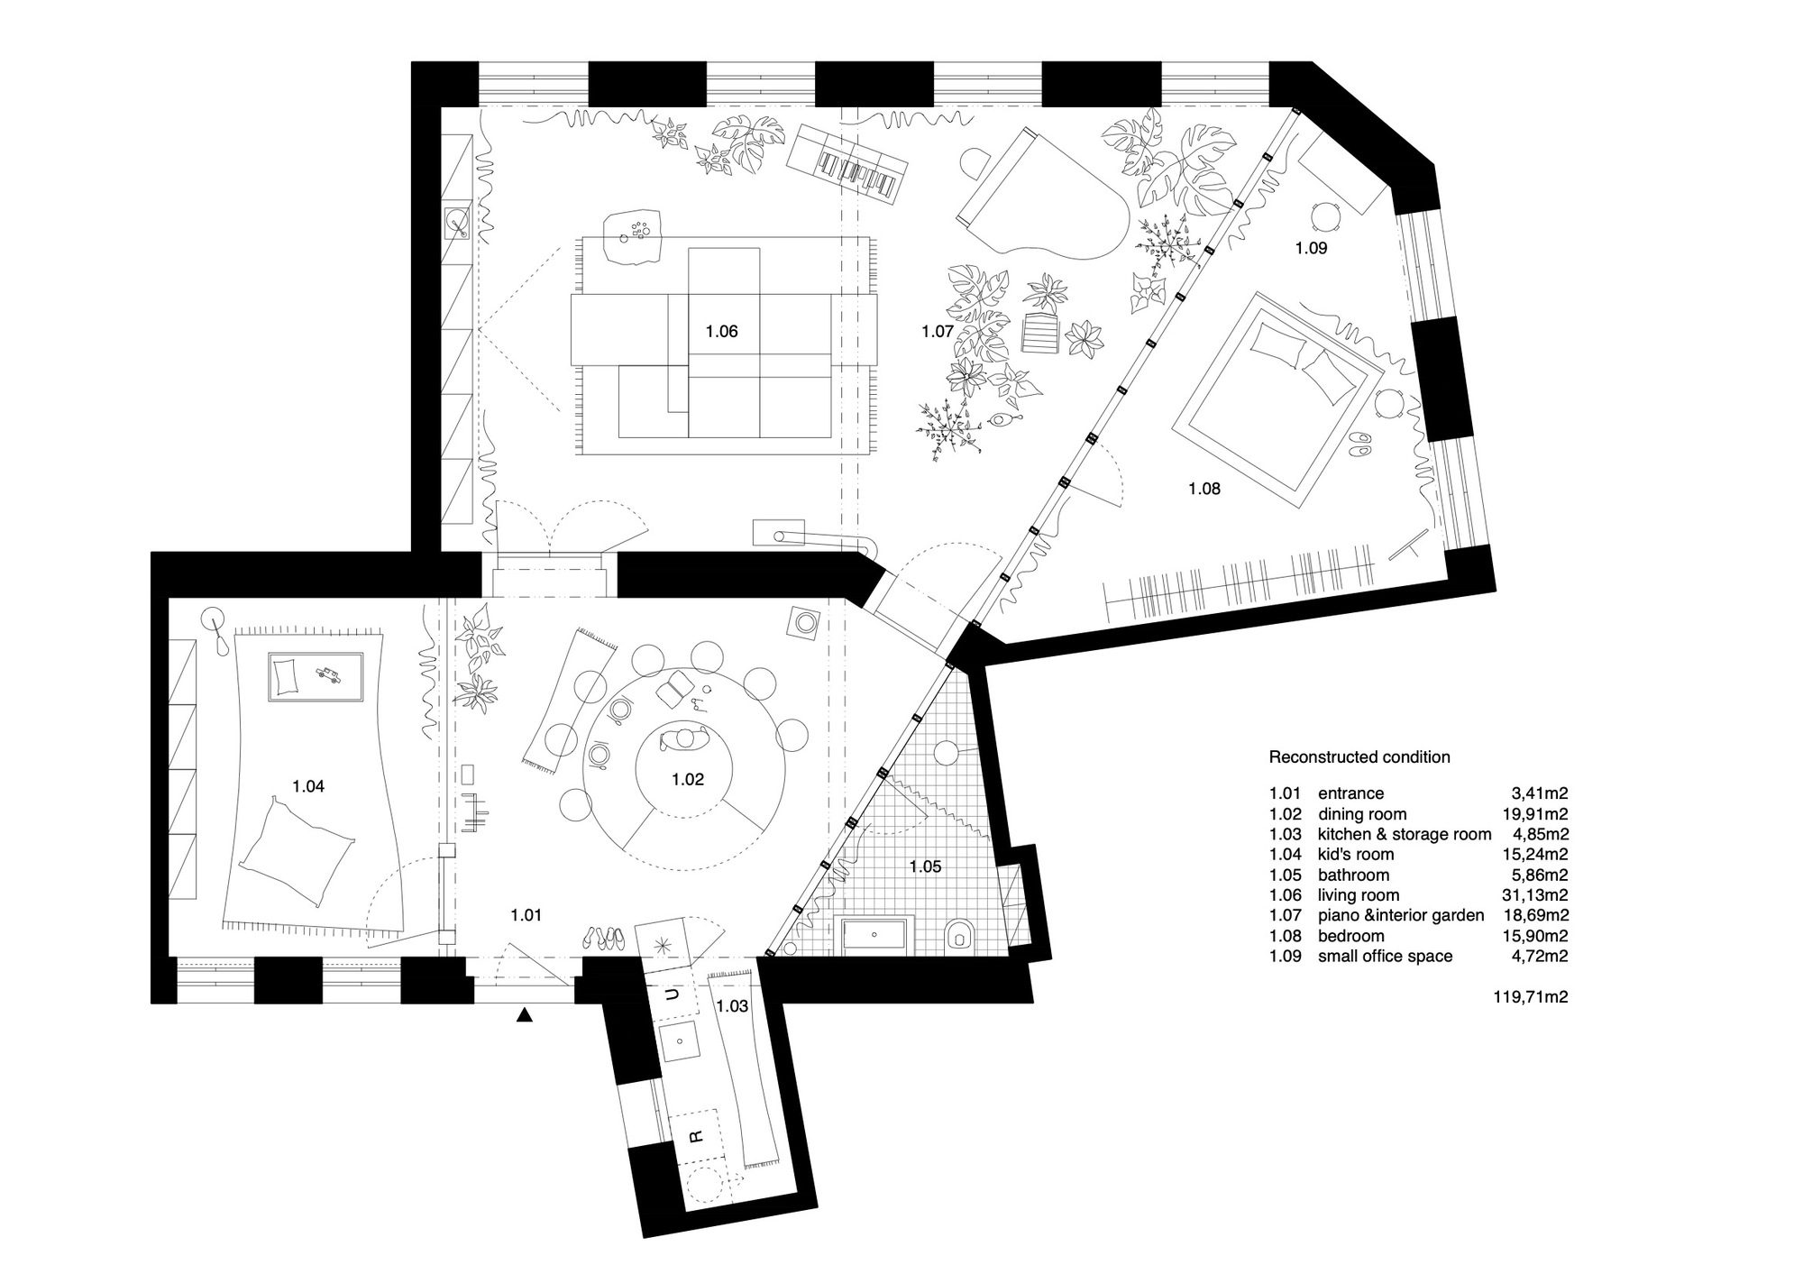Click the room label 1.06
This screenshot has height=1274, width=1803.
(x=721, y=331)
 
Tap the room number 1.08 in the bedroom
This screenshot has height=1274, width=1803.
(x=1204, y=489)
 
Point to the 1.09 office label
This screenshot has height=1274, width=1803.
(x=1311, y=248)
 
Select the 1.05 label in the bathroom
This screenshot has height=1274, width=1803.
(x=925, y=866)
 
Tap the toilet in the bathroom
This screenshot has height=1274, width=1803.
(x=959, y=937)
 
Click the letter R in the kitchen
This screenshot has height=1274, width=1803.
(x=696, y=1135)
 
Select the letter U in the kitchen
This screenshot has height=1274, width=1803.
(x=671, y=994)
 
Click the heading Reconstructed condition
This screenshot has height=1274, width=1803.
(x=1359, y=757)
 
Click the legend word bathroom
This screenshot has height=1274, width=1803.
(x=1353, y=875)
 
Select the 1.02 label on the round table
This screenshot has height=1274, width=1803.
(x=687, y=780)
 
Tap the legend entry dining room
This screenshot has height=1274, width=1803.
(x=1362, y=814)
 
